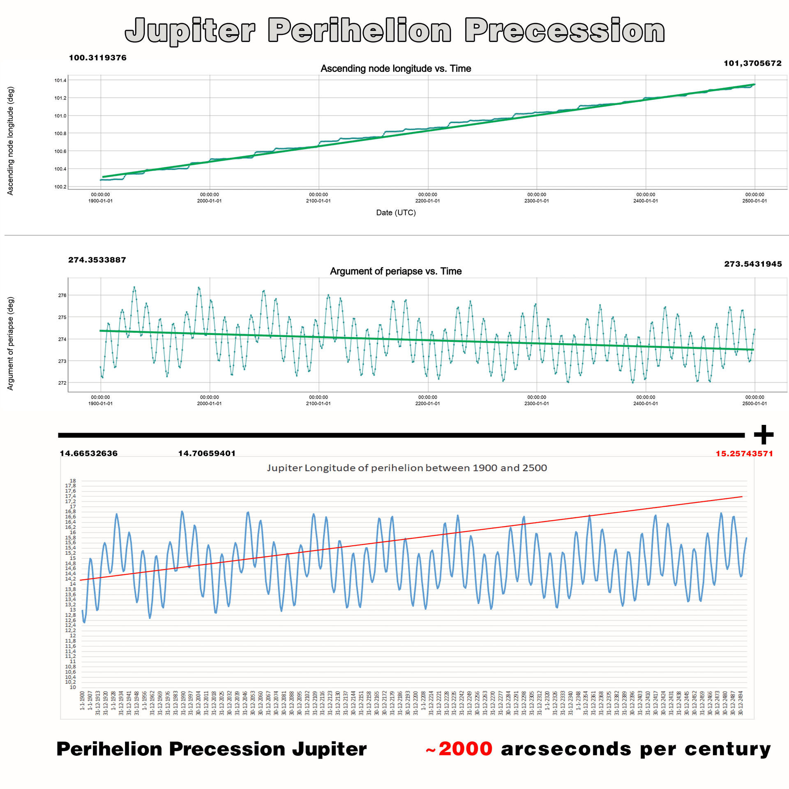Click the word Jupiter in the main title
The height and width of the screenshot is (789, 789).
click(x=190, y=31)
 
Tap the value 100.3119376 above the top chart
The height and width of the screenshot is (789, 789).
click(x=98, y=58)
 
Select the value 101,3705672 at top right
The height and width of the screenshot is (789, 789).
click(x=752, y=63)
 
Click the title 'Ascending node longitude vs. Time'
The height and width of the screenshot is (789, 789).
click(x=396, y=69)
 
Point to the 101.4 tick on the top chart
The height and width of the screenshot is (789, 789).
click(x=60, y=81)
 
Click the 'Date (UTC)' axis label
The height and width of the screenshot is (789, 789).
click(x=396, y=212)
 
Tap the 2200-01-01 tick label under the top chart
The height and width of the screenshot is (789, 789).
click(x=427, y=201)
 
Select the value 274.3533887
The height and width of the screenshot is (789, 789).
click(x=97, y=260)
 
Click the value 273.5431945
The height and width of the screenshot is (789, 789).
click(x=753, y=264)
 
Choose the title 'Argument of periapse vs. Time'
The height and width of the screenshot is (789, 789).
click(x=396, y=271)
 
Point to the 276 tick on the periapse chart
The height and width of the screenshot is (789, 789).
click(x=62, y=295)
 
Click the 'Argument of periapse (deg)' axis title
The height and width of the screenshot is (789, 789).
click(x=11, y=343)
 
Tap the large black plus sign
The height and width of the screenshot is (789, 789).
click(x=764, y=435)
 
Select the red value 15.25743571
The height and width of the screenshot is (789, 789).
click(x=744, y=454)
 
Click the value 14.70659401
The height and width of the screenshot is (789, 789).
click(x=207, y=453)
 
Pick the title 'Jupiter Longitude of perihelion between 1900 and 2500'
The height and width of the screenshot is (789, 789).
click(x=407, y=468)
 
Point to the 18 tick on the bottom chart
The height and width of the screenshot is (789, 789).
click(x=73, y=481)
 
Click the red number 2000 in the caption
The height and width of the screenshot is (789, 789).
click(x=465, y=749)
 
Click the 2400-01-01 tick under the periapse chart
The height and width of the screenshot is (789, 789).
click(x=646, y=403)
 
